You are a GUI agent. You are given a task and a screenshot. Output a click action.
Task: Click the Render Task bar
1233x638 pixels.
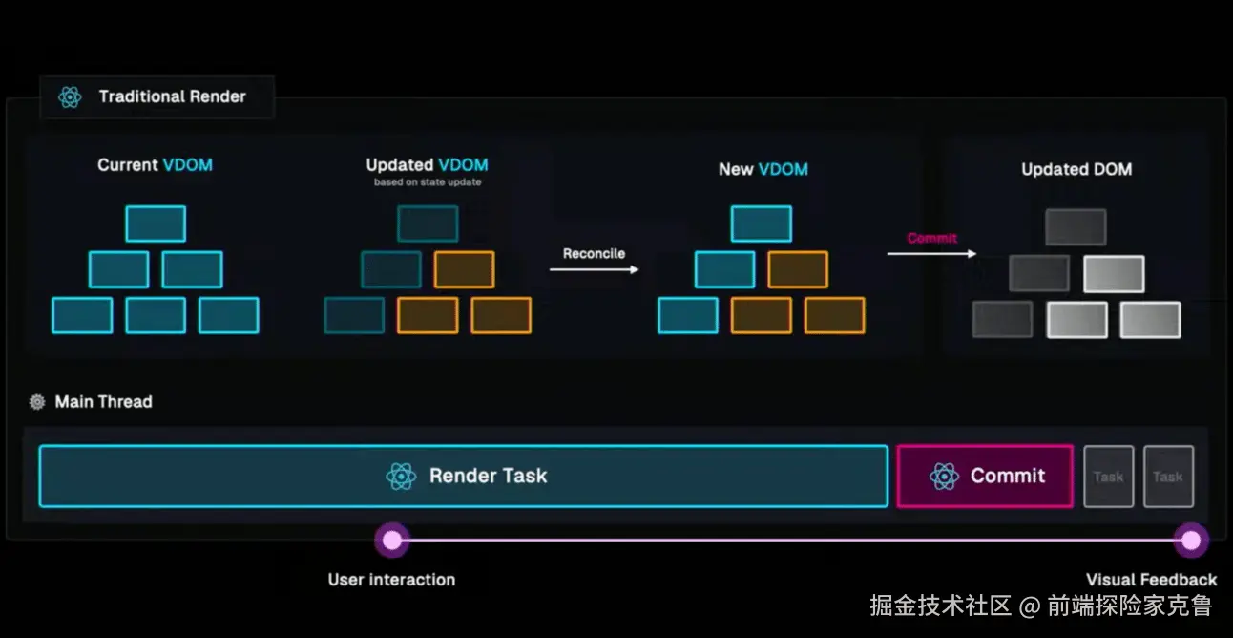463,476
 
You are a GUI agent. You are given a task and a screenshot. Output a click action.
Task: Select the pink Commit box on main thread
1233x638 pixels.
984,476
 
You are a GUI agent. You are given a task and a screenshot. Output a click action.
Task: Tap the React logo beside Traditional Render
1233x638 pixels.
70,96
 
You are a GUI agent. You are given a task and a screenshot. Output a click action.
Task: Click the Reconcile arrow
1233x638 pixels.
594,270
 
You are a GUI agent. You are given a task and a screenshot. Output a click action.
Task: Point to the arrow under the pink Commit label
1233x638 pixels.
931,253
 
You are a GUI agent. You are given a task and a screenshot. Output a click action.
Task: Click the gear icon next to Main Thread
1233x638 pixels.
37,402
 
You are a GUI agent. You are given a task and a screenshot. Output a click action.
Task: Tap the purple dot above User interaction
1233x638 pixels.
391,540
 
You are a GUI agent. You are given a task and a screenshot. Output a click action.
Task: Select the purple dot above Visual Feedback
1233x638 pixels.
1190,541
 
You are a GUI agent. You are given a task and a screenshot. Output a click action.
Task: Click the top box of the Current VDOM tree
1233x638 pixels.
156,223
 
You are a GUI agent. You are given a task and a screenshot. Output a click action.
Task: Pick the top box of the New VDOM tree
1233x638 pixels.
761,223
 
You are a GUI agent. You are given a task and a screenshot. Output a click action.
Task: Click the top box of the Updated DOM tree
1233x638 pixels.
1076,227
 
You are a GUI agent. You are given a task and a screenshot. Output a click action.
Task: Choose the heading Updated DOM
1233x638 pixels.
1076,169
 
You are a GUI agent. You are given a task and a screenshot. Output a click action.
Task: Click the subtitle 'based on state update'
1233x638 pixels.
427,181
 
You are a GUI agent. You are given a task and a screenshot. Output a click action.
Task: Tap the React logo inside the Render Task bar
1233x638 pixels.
401,476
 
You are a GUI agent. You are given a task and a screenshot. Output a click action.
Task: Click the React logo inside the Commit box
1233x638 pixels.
944,476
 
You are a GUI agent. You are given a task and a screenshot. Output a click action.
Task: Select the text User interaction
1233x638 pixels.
391,579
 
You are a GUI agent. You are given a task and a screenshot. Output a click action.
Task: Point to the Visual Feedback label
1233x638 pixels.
1151,579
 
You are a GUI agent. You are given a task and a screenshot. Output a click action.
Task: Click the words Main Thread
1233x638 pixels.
103,402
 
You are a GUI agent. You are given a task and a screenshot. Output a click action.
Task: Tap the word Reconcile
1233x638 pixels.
594,253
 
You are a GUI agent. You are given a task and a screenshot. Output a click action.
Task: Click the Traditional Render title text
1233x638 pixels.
172,96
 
